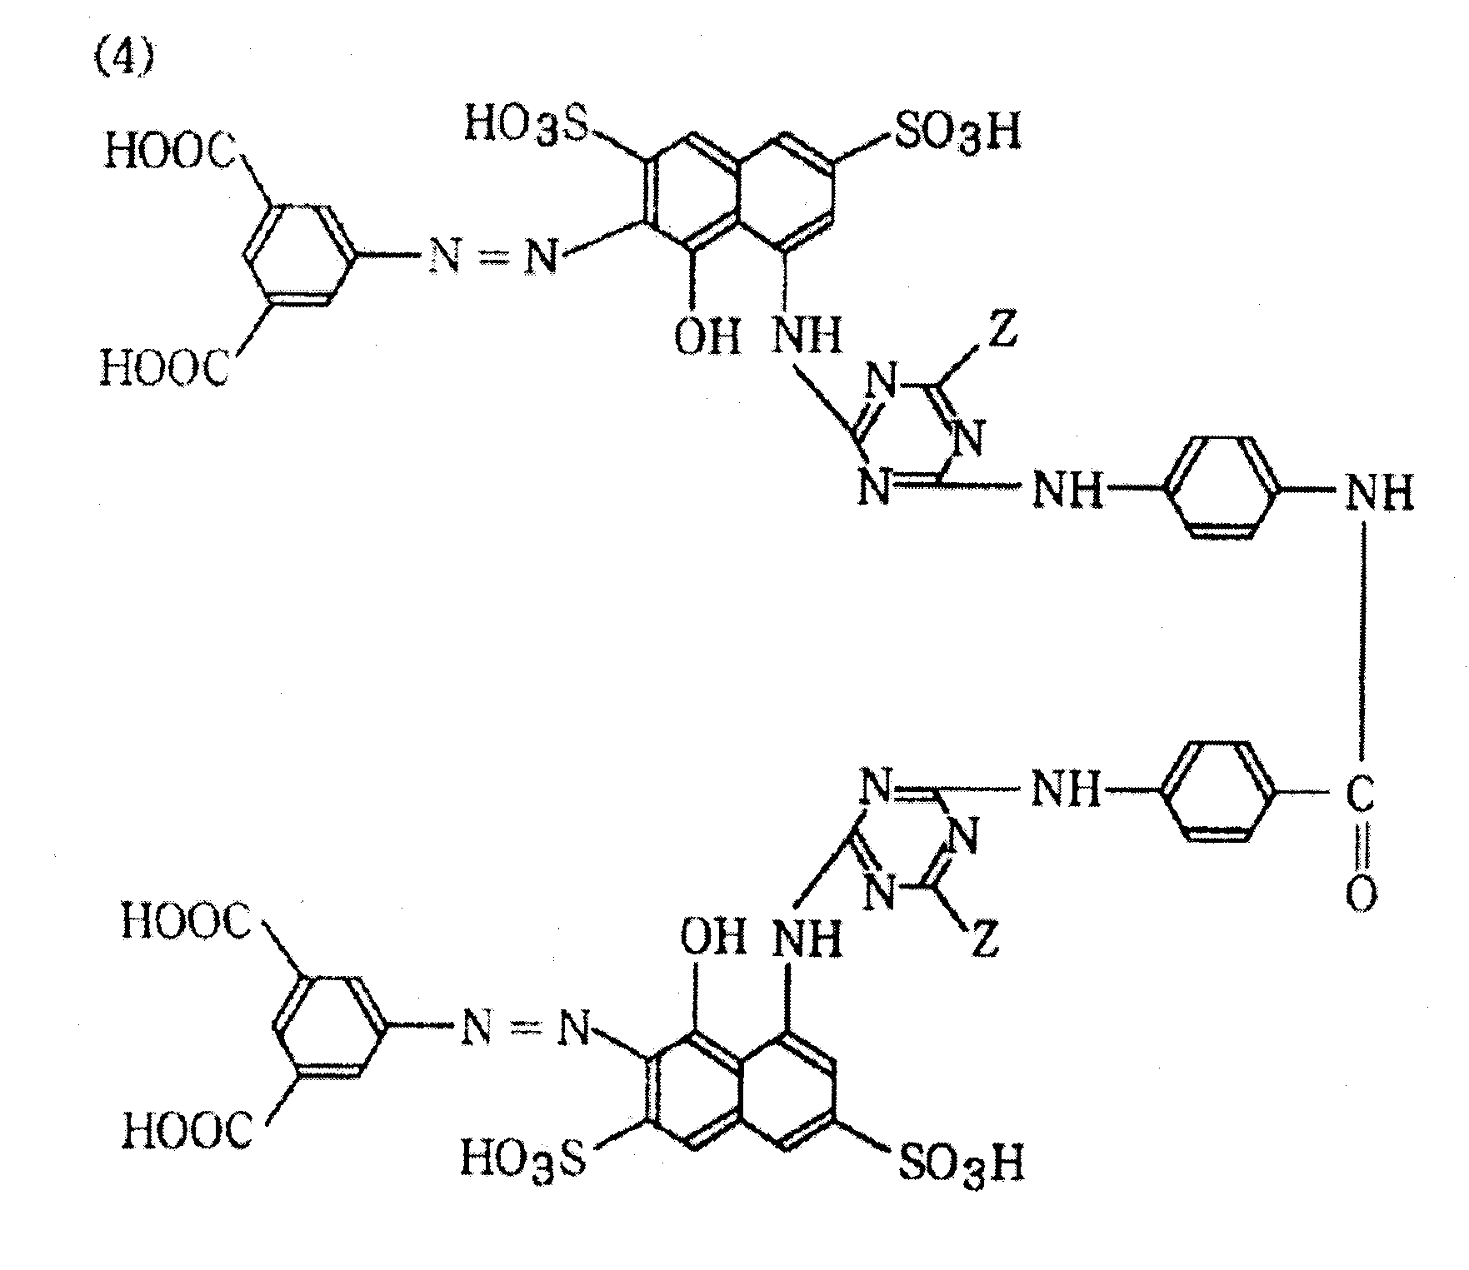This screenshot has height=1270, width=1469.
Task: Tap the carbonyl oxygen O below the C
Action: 1360,894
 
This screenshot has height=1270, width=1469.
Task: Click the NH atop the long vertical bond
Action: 1380,492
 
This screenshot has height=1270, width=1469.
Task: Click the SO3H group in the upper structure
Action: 957,132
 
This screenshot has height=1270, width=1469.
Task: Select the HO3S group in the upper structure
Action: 527,126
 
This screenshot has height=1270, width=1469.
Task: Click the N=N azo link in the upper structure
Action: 493,257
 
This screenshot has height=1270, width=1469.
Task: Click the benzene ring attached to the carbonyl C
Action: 1217,791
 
